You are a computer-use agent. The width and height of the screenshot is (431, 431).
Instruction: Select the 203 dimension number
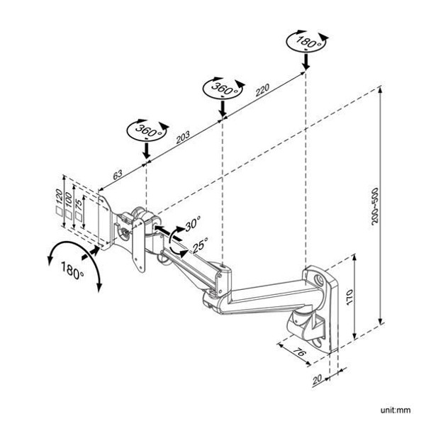click(x=181, y=138)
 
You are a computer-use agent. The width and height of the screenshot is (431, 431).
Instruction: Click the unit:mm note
click(x=401, y=409)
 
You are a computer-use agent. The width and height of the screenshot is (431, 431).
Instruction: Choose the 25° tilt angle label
click(x=200, y=246)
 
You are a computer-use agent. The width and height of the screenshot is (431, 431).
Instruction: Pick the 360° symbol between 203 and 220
click(x=223, y=89)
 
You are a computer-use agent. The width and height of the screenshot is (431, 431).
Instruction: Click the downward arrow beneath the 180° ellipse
click(x=305, y=62)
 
